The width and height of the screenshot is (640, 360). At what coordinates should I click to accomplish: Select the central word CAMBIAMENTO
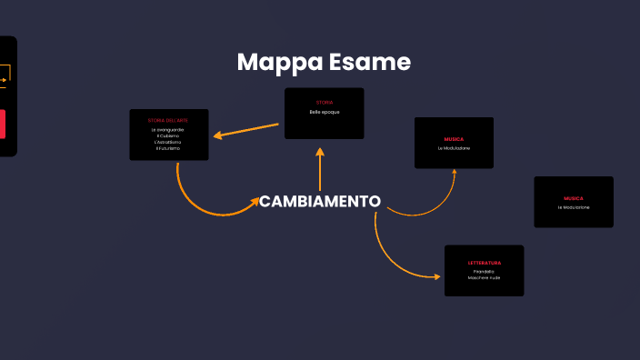(x=320, y=201)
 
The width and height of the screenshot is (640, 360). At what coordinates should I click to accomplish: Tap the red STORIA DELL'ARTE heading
(x=168, y=120)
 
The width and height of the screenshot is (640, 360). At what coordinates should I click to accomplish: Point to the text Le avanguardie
(x=168, y=130)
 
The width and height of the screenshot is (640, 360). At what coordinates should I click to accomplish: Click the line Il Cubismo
(x=168, y=136)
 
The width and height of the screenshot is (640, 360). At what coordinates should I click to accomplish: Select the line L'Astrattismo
(x=168, y=142)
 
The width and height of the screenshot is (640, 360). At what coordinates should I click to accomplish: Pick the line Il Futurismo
(x=168, y=148)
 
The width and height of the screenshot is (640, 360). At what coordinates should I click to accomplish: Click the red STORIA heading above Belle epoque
(x=325, y=102)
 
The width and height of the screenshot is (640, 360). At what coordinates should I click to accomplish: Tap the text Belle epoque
(x=324, y=111)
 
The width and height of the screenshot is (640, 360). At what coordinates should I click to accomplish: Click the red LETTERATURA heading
(x=485, y=263)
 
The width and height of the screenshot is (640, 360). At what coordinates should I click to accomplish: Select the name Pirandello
(x=484, y=271)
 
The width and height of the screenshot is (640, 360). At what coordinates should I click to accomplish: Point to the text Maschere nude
(x=484, y=277)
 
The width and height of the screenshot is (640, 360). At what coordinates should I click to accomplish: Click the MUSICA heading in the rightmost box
(x=574, y=198)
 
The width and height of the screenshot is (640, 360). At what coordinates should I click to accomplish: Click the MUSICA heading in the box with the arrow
(x=454, y=139)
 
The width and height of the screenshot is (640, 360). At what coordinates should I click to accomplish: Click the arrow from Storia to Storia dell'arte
(x=245, y=130)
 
